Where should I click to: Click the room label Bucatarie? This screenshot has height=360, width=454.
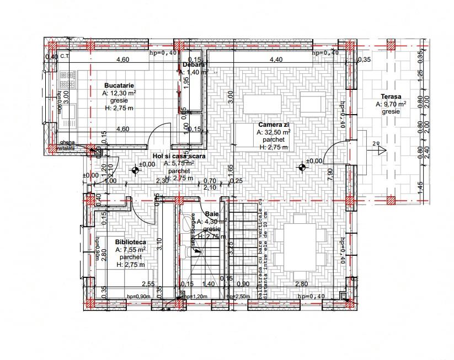pyautogui.click(x=120, y=85)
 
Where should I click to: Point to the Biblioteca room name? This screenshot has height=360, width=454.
pyautogui.click(x=130, y=242)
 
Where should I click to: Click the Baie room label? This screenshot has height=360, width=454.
pyautogui.click(x=211, y=213)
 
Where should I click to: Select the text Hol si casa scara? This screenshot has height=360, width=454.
pyautogui.click(x=179, y=157)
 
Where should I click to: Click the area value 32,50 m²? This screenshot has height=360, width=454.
pyautogui.click(x=273, y=132)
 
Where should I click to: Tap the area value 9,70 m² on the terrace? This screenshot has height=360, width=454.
pyautogui.click(x=391, y=104)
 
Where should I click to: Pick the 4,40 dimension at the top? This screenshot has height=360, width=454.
pyautogui.click(x=276, y=60)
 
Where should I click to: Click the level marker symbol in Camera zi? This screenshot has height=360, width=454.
pyautogui.click(x=301, y=166)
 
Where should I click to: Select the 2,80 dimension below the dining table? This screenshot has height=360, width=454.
pyautogui.click(x=301, y=283)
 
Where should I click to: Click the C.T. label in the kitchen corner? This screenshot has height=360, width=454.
pyautogui.click(x=65, y=57)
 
